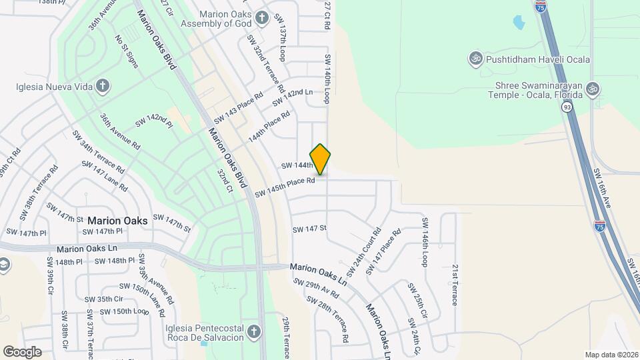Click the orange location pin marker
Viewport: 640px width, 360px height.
coord(321,159)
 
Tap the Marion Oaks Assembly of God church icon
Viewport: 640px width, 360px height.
coord(263,17)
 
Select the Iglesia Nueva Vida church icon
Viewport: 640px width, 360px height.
coord(102,85)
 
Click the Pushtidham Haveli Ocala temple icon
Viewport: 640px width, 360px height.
coord(476,59)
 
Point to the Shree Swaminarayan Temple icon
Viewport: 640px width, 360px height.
coord(593,89)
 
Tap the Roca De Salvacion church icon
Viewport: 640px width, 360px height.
coord(253,332)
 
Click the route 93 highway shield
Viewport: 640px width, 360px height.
coord(567,107)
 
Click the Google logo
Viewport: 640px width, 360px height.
coord(22,351)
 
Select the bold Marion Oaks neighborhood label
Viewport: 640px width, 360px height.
coord(117,221)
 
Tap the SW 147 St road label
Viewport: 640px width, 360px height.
coord(309,229)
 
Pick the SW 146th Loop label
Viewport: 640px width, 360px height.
coord(424,241)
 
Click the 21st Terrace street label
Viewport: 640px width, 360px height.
coord(455,284)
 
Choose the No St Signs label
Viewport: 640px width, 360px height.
coord(127,52)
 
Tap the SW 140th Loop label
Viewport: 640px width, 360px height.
coord(327,79)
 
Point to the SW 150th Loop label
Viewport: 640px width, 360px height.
coord(121,311)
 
